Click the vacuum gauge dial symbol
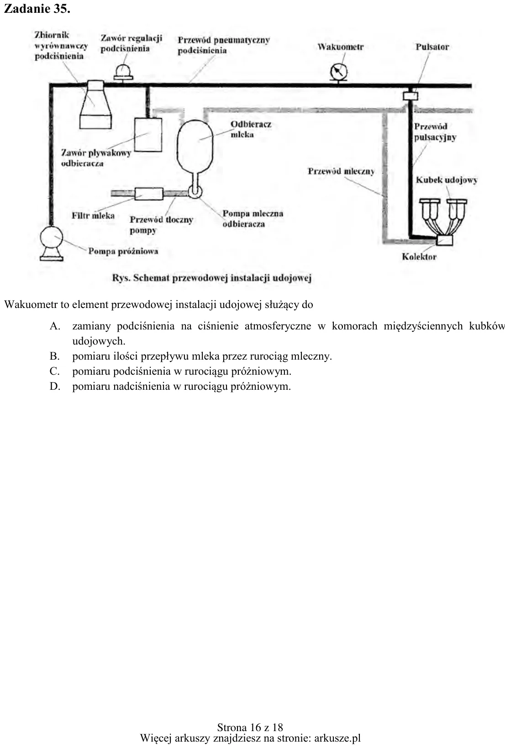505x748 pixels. [x=338, y=72]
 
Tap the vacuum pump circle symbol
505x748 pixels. [x=51, y=238]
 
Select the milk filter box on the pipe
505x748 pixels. [x=149, y=194]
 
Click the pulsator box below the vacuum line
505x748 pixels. [x=410, y=96]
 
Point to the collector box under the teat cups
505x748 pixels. [x=445, y=240]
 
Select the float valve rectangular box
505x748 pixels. [x=148, y=135]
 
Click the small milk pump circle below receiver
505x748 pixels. [x=195, y=191]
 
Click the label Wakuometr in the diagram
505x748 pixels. [x=341, y=47]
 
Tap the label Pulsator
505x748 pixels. [x=432, y=47]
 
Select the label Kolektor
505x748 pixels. [x=419, y=256]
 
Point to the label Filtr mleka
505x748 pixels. [x=93, y=215]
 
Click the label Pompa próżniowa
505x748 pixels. [x=123, y=251]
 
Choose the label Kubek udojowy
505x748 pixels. [x=447, y=180]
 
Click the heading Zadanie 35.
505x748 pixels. [x=37, y=9]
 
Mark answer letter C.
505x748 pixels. [x=54, y=371]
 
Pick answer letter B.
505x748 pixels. [x=54, y=356]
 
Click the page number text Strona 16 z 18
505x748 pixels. [x=250, y=727]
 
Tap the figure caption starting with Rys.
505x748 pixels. [x=212, y=278]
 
